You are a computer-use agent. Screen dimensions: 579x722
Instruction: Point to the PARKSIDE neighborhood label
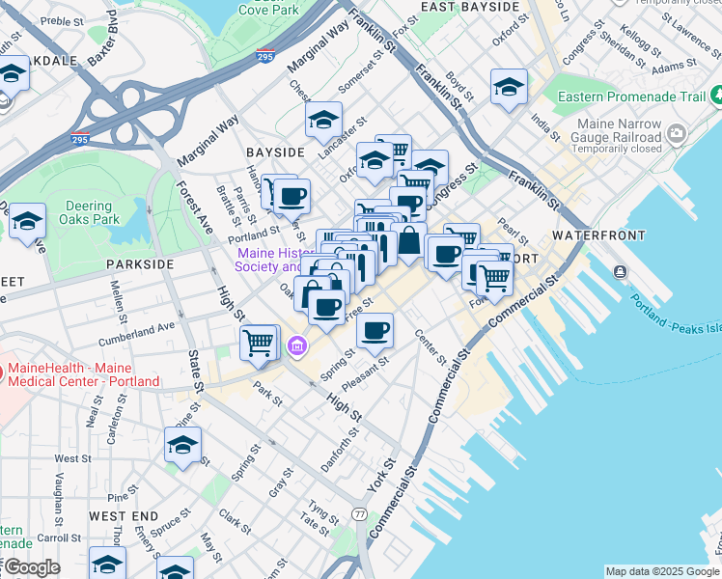[x=140, y=263]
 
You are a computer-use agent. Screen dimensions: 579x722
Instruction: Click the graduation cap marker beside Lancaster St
[x=323, y=121]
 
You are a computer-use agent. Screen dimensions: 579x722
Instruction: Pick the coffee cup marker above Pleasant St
[x=375, y=331]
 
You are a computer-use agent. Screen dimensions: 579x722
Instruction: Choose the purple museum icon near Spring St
[x=297, y=345]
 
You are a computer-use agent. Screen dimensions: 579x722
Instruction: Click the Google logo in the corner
[x=31, y=567]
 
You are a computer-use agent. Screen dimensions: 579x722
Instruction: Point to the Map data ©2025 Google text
[x=662, y=571]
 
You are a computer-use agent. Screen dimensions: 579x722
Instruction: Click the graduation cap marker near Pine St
[x=181, y=446]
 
